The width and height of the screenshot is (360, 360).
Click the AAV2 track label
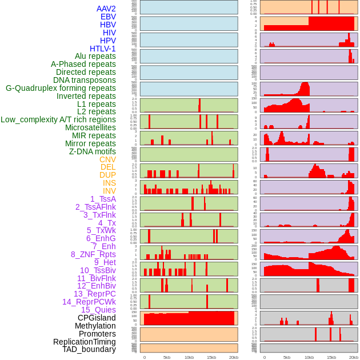(x=106, y=9)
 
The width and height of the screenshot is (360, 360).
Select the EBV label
(x=108, y=17)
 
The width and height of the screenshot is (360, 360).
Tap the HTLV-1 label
(x=103, y=49)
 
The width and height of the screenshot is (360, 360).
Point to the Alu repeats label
(x=95, y=56)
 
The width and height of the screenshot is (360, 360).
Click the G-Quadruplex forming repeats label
(x=61, y=88)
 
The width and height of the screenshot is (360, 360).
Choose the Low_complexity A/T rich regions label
(x=58, y=119)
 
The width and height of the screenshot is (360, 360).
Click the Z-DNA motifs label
(x=93, y=151)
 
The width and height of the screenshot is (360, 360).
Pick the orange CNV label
(x=107, y=159)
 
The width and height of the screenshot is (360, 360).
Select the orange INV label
(x=109, y=191)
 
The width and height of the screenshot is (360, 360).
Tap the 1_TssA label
(x=103, y=199)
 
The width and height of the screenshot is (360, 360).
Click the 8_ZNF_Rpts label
(x=93, y=254)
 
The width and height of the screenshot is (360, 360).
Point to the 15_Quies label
(x=98, y=310)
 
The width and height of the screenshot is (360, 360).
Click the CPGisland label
(x=97, y=318)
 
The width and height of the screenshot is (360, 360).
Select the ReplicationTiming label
(x=85, y=342)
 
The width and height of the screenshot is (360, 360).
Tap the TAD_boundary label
(x=89, y=349)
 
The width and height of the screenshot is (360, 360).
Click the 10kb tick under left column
(x=189, y=357)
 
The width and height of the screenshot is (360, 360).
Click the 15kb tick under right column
(x=331, y=357)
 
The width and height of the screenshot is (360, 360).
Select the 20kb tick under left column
(x=233, y=357)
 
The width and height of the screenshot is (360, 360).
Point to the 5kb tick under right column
(x=286, y=357)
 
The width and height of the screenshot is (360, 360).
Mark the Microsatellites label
(x=90, y=127)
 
